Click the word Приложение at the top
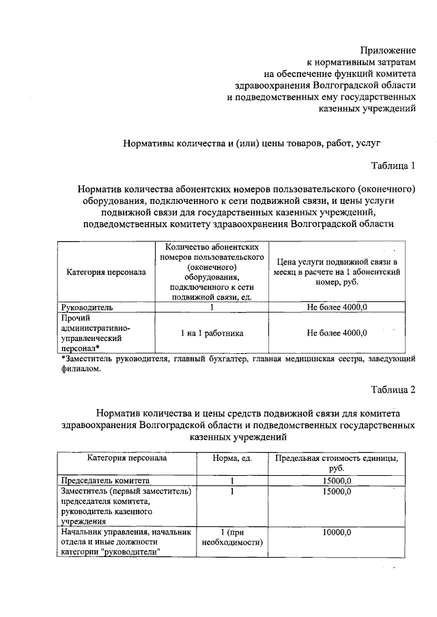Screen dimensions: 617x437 388,50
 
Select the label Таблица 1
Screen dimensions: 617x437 393,166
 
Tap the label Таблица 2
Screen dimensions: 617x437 393,390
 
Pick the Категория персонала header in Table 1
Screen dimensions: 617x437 106,273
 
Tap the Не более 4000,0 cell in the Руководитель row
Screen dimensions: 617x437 337,307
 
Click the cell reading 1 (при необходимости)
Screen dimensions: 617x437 233,537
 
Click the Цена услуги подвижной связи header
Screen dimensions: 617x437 337,273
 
